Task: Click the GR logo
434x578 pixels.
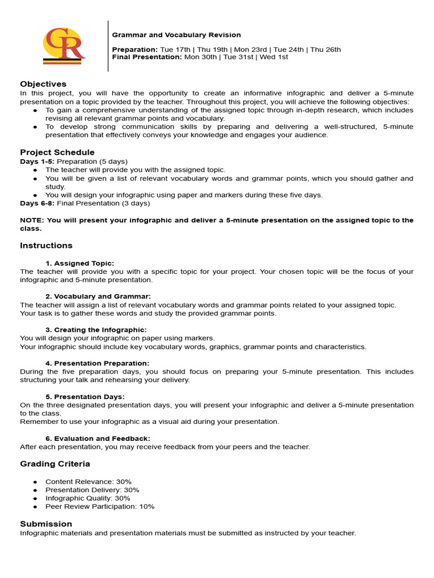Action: (x=64, y=45)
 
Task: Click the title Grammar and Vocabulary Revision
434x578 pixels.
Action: (x=176, y=35)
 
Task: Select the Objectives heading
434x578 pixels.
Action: (x=43, y=84)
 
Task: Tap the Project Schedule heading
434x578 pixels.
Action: (x=57, y=152)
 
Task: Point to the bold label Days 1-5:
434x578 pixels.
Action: (x=37, y=161)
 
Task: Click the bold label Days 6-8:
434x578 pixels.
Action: (x=37, y=203)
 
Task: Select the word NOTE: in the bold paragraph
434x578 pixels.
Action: (x=32, y=220)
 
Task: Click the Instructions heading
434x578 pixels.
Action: (x=46, y=246)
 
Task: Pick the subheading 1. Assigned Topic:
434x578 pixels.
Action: (x=79, y=263)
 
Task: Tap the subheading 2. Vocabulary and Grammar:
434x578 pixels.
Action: (x=98, y=296)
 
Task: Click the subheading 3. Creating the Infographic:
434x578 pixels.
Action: (x=96, y=330)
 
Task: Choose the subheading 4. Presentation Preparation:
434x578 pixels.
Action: (x=97, y=363)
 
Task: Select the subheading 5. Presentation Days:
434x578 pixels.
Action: (x=85, y=397)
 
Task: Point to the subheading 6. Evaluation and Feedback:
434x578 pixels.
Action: (x=98, y=438)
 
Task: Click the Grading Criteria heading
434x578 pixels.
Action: (x=55, y=464)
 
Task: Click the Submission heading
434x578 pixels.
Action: (x=46, y=524)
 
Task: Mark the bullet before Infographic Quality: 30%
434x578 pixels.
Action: (x=35, y=498)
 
